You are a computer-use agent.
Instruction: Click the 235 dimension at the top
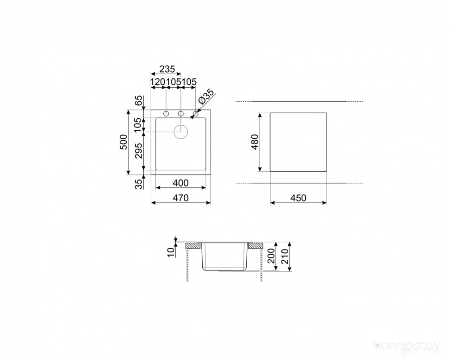(167, 69)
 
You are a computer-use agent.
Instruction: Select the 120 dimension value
(158, 82)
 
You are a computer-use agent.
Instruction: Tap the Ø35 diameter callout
(206, 97)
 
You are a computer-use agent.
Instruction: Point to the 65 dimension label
(139, 101)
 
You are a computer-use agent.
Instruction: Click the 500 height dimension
(123, 142)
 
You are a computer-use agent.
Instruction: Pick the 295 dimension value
(139, 151)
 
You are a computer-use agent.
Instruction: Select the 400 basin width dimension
(181, 183)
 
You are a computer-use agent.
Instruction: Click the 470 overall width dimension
(181, 198)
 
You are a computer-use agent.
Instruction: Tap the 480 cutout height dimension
(255, 142)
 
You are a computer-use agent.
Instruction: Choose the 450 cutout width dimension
(298, 198)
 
